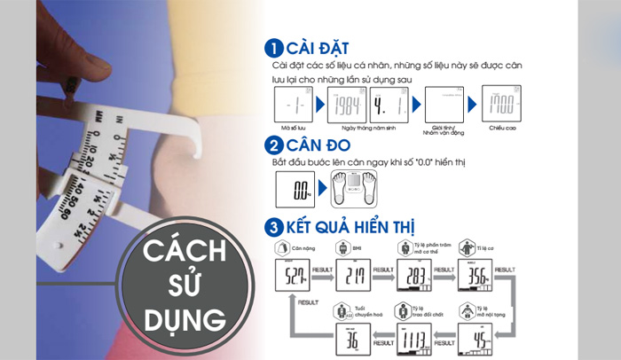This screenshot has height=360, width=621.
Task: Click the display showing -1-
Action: [x=294, y=109]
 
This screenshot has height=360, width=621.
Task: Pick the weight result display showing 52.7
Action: [x=292, y=276]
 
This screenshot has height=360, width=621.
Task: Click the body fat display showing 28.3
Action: [x=413, y=276]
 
